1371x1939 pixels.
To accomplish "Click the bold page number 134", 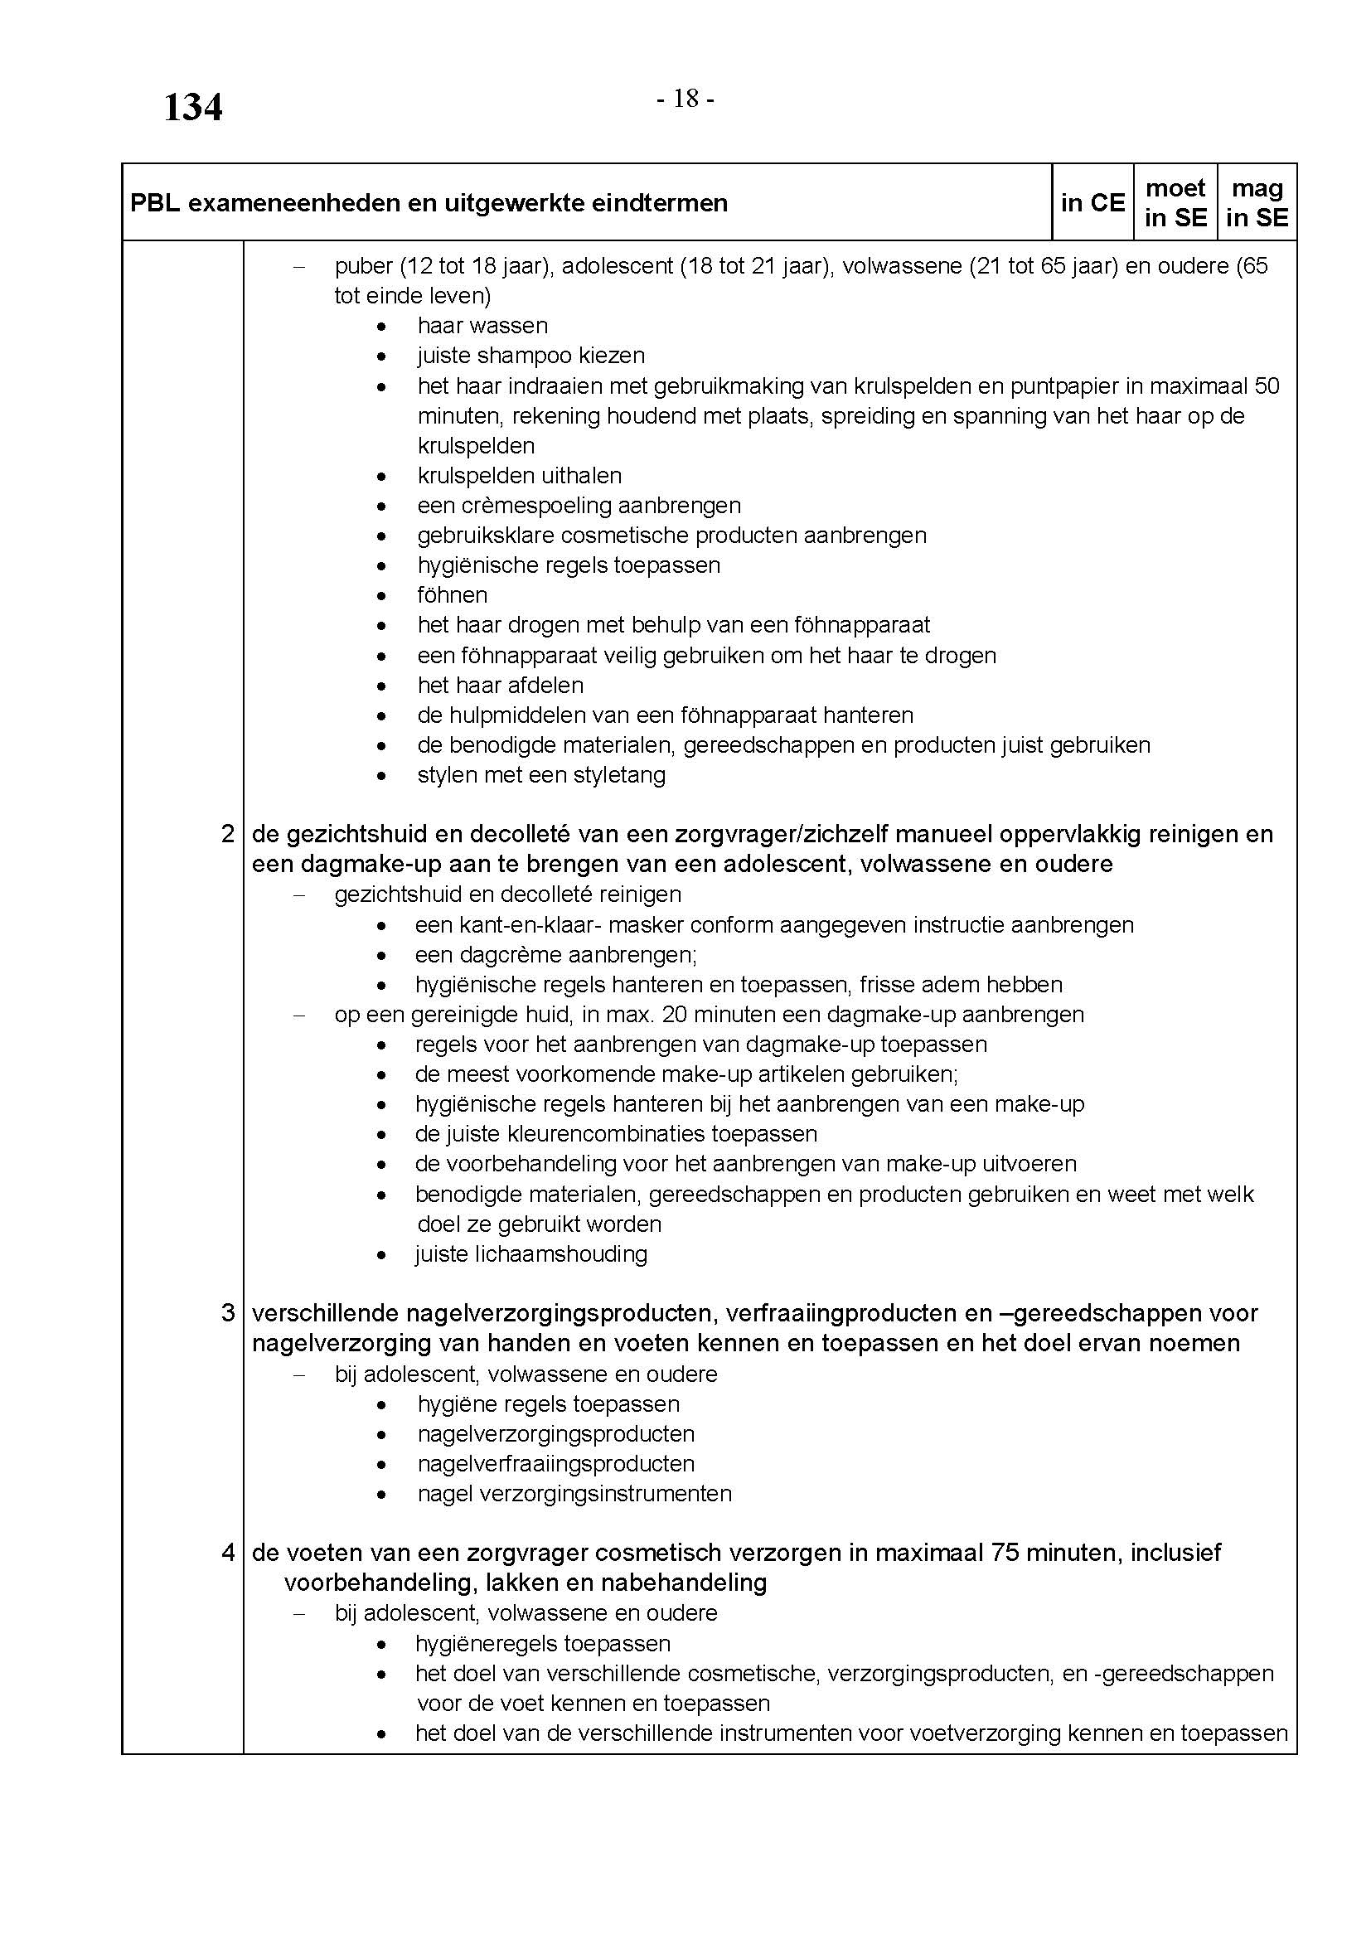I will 192,108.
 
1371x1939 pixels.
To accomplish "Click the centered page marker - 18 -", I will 685,99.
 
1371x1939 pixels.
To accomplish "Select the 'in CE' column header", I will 1092,202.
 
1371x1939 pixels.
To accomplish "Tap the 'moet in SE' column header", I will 1175,202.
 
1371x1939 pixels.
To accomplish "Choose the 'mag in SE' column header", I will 1257,202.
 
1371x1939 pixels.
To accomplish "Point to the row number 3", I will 227,1313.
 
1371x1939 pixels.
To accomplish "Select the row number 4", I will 227,1552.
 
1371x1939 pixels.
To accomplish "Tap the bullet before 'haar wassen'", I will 383,327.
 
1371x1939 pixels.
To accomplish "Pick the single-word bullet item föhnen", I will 453,595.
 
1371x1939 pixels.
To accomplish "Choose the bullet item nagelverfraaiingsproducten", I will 555,1463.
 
